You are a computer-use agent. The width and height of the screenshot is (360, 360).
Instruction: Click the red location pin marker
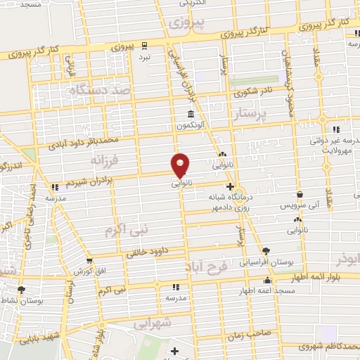pos(181,166)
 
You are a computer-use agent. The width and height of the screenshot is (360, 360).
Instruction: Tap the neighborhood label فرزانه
pos(105,161)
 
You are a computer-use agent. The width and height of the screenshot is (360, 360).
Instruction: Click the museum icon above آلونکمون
pos(191,115)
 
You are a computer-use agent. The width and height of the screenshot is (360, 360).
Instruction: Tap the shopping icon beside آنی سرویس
pos(300,195)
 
